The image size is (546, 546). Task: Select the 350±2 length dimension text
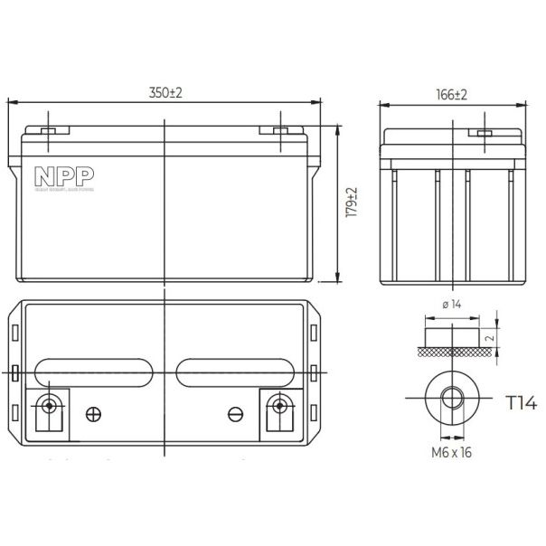tap(165, 94)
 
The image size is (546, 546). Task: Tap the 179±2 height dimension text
tap(353, 202)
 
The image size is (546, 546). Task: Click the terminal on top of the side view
tap(484, 135)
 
